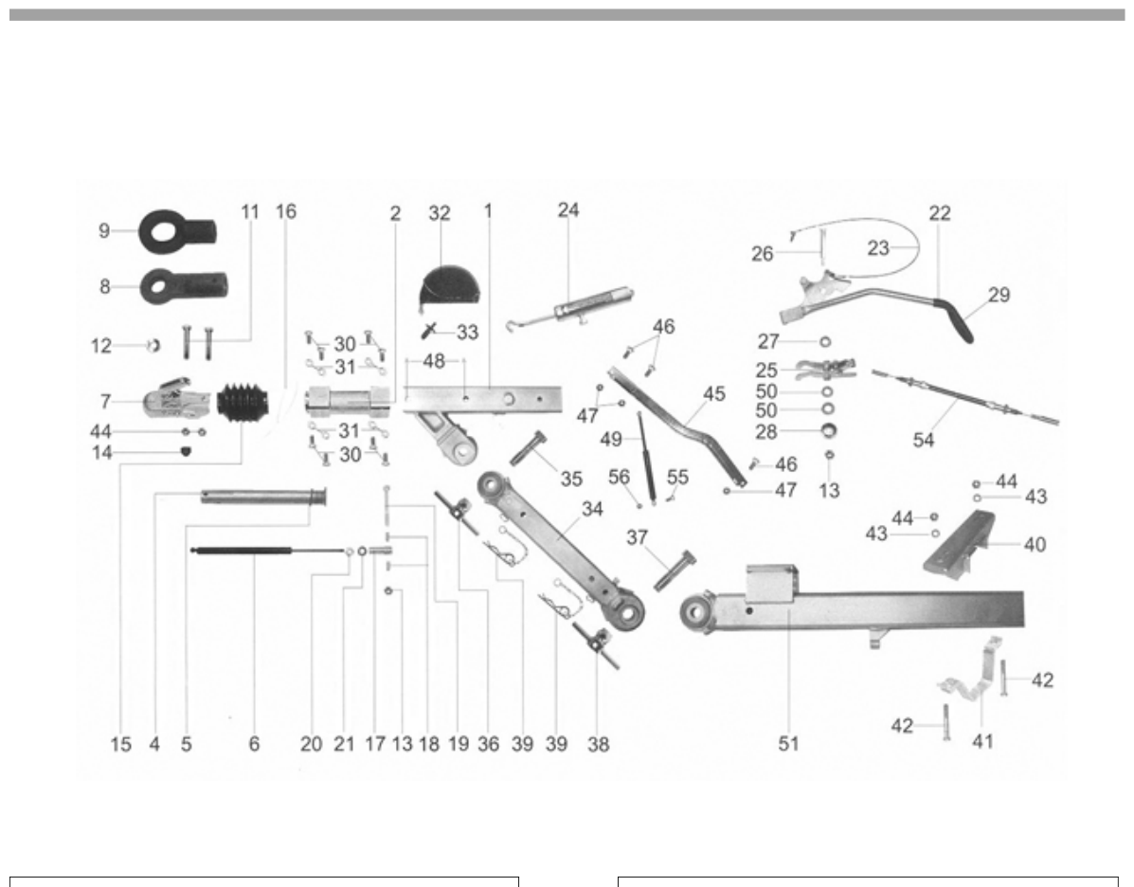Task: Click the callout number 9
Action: point(104,231)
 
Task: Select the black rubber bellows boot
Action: point(243,402)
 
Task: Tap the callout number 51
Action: point(788,743)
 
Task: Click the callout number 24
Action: point(568,209)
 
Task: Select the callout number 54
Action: point(924,440)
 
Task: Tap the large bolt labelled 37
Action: point(674,570)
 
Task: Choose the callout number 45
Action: point(713,393)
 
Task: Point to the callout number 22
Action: point(940,212)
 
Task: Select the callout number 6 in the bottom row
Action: point(254,744)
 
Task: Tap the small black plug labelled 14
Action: point(186,452)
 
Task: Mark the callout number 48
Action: point(434,360)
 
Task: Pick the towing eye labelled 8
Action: point(184,286)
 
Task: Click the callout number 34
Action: point(592,509)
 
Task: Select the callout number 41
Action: point(982,741)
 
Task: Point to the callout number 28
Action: point(765,432)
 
